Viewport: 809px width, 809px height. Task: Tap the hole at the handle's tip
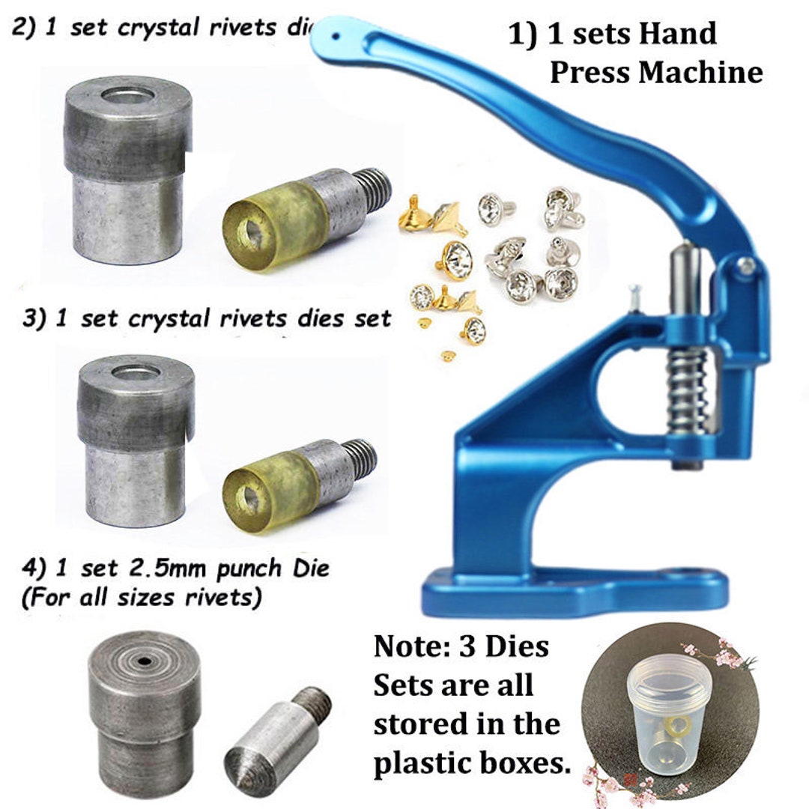[x=335, y=34]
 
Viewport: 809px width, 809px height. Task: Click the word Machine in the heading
[x=700, y=73]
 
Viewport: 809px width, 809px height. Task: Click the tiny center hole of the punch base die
[x=143, y=661]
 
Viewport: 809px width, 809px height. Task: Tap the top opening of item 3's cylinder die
[x=135, y=372]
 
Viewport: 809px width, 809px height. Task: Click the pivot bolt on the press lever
[x=746, y=264]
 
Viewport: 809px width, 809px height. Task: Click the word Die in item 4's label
[x=313, y=569]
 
